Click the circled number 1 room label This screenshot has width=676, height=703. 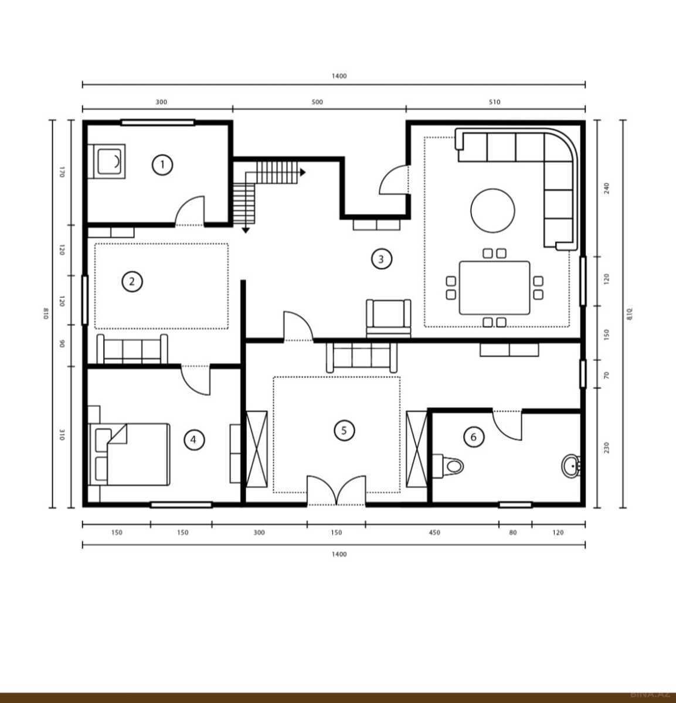[x=162, y=165]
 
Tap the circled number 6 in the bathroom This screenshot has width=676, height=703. [x=474, y=437]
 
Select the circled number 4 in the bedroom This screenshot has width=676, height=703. [x=194, y=439]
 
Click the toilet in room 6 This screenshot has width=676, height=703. [x=448, y=466]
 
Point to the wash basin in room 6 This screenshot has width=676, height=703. [x=571, y=466]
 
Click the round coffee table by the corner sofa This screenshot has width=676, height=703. [x=492, y=210]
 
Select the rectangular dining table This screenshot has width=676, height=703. [x=494, y=288]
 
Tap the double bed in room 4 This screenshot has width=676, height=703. [x=129, y=454]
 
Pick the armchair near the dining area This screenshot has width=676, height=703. [x=389, y=318]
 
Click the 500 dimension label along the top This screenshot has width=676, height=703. [x=317, y=102]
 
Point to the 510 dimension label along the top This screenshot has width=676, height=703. [x=494, y=102]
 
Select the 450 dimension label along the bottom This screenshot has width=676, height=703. [x=434, y=532]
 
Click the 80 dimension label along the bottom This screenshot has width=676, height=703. [x=513, y=532]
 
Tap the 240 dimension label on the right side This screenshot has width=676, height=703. [x=607, y=188]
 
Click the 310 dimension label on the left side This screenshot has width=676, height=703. [x=62, y=435]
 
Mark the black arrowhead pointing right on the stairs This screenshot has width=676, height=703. [x=303, y=172]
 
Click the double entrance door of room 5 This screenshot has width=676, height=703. [x=336, y=490]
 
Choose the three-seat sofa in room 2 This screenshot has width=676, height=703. [x=133, y=349]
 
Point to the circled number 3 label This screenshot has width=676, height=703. [x=381, y=259]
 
